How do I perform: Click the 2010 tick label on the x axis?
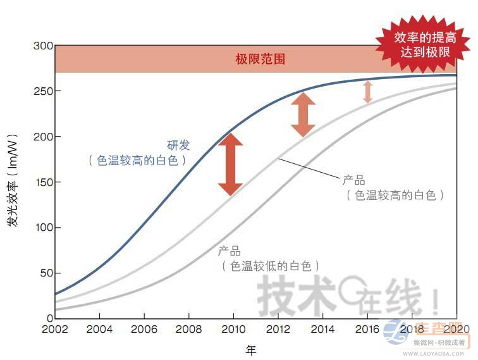[233, 329]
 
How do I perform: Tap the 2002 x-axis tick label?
[54, 329]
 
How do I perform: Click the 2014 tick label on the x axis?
[322, 329]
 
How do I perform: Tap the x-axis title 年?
[251, 349]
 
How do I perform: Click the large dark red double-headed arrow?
[230, 164]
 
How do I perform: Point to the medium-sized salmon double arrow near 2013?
[303, 115]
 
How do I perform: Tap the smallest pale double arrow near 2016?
[367, 92]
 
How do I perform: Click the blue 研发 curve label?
[178, 146]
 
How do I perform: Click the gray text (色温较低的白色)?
[269, 266]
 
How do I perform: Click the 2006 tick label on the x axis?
[144, 329]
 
